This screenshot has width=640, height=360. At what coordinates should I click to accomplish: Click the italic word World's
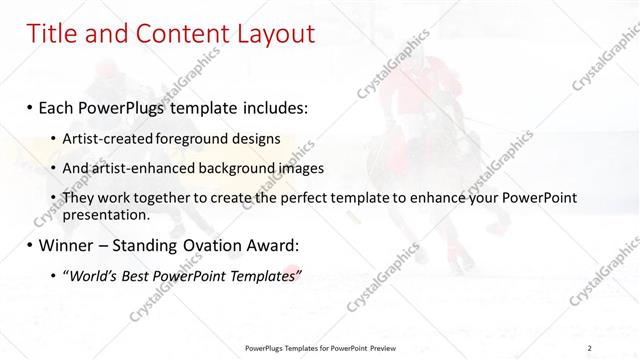(x=97, y=275)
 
